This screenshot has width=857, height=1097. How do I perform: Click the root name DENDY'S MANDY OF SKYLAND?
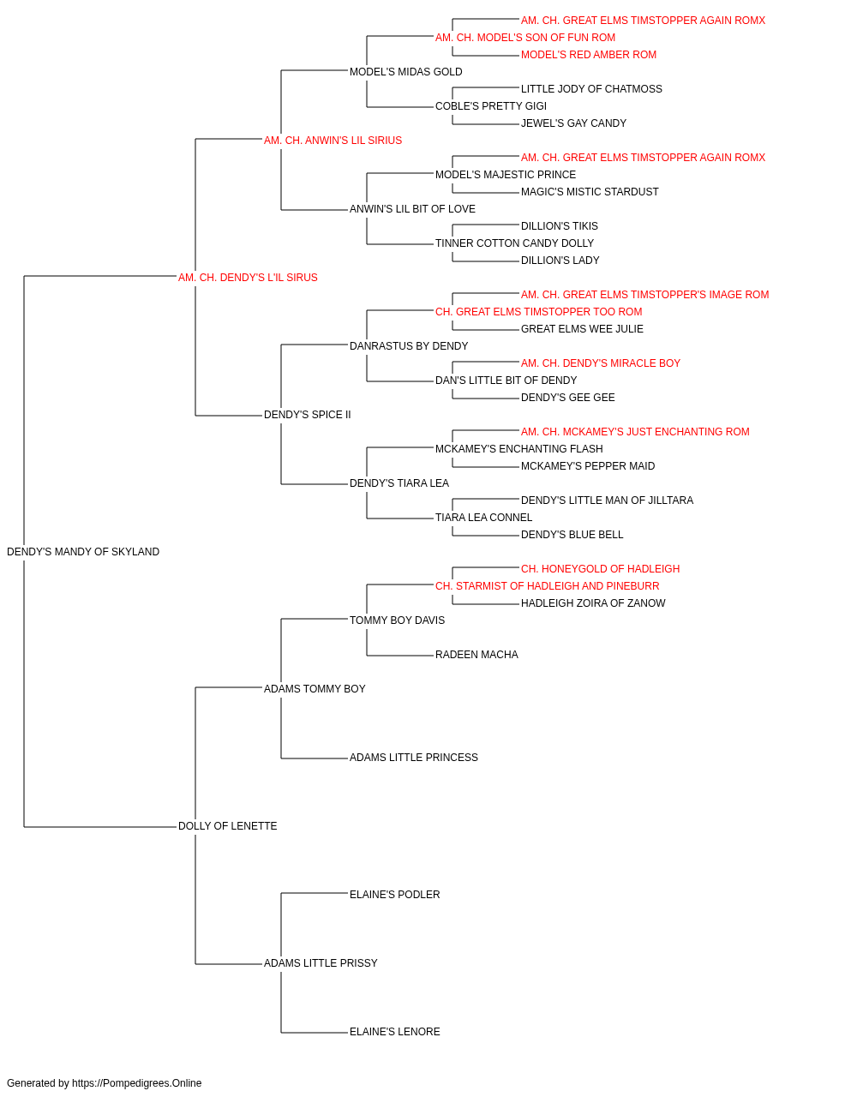point(83,551)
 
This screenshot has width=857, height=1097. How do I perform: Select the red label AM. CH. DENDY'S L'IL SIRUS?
point(248,277)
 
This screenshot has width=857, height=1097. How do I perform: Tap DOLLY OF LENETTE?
point(228,825)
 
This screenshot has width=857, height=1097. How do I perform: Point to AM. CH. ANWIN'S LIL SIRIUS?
point(333,140)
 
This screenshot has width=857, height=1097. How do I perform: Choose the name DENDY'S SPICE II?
point(308,414)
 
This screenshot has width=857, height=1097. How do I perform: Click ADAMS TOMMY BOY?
point(315,688)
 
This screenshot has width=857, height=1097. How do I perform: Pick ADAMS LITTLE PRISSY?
point(321,962)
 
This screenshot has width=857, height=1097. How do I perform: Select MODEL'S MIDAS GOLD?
point(405,72)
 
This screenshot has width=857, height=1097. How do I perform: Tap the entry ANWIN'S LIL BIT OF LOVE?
point(412,208)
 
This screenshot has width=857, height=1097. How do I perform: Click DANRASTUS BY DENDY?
point(409,345)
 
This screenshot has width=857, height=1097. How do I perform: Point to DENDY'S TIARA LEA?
point(399,483)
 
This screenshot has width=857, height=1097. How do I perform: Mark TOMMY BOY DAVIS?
point(397,620)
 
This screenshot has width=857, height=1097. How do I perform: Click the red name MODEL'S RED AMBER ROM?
point(589,55)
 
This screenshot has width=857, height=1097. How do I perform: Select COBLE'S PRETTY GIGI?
point(491,106)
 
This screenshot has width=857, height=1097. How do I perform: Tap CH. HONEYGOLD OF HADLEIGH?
point(600,568)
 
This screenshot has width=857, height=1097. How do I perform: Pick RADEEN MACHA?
point(477,654)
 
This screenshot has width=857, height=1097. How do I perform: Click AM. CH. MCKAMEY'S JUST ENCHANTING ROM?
point(635,432)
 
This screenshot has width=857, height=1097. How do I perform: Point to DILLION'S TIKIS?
point(560,225)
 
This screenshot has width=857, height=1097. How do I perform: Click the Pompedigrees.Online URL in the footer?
point(137,1083)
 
